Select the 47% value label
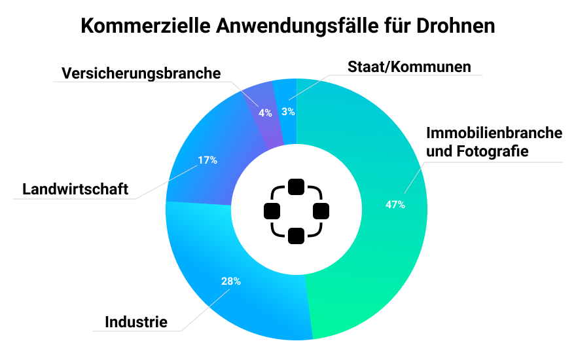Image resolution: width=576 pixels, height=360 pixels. pos(395,205)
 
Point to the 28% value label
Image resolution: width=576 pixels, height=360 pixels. pos(230,281)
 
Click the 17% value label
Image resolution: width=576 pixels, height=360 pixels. pos(207,160)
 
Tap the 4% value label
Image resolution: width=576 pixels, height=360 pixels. pos(265,113)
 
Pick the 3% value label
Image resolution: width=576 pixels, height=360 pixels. pos(288,111)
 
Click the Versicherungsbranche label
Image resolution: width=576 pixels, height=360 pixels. pos(141,73)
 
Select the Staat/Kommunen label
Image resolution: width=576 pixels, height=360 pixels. pos(409,67)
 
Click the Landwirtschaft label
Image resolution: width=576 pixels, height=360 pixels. pos(75,190)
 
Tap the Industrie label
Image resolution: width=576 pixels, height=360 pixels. pos(136,322)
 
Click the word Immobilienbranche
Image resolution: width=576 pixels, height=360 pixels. pos(494,133)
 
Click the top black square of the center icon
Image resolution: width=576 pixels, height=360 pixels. pos(297,187)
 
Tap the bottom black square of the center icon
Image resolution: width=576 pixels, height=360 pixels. pos(297,235)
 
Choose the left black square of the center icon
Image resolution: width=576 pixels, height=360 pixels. pos(272,211)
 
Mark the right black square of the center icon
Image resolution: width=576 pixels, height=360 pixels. pos(321,211)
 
